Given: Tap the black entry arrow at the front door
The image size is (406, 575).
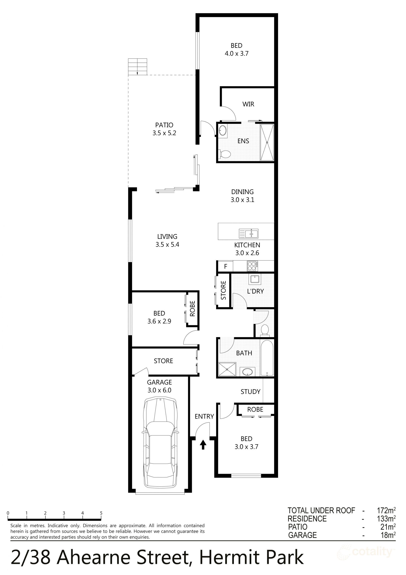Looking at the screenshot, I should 203,445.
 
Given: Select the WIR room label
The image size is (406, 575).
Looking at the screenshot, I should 248,104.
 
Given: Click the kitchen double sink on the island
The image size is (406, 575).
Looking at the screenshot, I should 248,234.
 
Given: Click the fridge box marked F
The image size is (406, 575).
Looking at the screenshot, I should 225,266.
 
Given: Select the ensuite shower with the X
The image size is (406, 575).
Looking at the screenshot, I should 267,142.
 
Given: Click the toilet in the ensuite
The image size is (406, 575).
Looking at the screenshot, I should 225,154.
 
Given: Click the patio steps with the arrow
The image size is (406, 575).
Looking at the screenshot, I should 137,67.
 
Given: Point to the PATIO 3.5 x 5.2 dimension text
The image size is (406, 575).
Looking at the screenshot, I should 164,133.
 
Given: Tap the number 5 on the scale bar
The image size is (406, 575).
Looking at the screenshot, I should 101,513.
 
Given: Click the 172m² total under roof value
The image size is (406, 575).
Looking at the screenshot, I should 386,510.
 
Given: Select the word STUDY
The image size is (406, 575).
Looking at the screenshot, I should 250,392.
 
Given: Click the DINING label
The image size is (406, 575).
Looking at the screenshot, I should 242,192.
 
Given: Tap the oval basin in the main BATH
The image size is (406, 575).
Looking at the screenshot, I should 247,372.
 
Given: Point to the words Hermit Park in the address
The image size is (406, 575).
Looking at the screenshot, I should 251,558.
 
